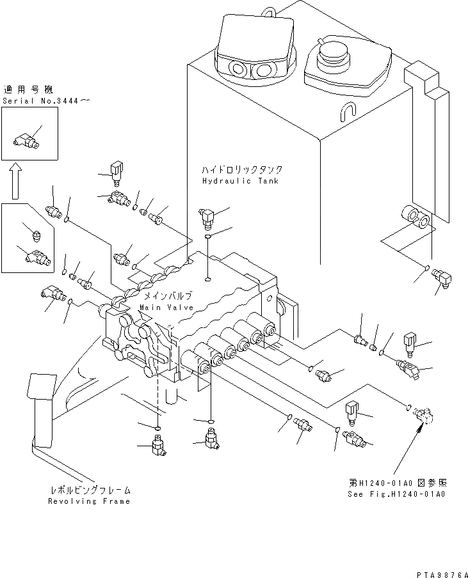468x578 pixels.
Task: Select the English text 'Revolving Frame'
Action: click(x=89, y=501)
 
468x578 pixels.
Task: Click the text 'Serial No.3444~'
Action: click(x=36, y=101)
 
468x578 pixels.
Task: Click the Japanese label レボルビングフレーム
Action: click(x=90, y=490)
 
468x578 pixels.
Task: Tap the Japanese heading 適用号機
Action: click(x=23, y=90)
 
